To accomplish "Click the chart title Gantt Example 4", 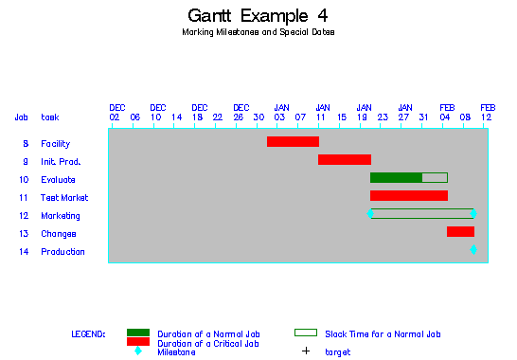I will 258,16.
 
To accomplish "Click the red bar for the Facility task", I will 293,142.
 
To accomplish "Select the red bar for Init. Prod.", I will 344,160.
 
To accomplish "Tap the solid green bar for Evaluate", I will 396,178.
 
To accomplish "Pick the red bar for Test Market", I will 408,196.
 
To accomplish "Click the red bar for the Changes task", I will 460,232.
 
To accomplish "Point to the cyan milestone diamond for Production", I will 473,250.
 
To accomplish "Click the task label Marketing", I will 60,216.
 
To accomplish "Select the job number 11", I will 24,198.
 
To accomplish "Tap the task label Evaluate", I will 58,180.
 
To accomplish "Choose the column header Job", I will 21,117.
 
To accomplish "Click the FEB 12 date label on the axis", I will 486,113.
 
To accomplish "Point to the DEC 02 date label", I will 116,113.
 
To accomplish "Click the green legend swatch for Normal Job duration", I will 138,333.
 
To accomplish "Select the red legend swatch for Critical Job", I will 138,342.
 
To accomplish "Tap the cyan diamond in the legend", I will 138,351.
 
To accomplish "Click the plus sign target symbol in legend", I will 305,352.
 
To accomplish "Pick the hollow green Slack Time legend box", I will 305,333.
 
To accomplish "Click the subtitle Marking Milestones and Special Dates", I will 258,32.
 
